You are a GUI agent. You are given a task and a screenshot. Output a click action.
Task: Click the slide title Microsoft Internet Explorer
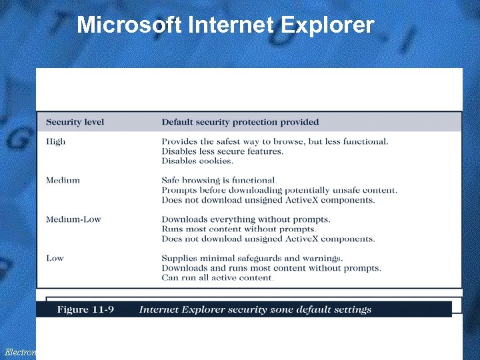[225, 25]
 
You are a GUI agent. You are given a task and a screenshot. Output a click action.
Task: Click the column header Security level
[75, 122]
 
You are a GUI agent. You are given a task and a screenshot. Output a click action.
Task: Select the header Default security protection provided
[240, 122]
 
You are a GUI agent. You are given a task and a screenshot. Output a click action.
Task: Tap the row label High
[56, 141]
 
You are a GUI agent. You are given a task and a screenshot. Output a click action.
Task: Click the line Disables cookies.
[197, 161]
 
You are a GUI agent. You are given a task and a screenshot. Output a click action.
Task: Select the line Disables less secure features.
[222, 151]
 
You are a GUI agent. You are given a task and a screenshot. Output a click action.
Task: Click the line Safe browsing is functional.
[219, 180]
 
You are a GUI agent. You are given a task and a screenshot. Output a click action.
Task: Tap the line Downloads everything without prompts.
[245, 219]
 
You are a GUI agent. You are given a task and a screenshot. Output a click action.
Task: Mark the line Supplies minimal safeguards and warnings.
[252, 258]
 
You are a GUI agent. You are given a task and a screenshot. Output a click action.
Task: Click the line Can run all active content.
[217, 277]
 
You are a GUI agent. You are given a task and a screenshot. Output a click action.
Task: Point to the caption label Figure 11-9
[85, 309]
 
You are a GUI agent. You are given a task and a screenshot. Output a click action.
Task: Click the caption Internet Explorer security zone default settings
[255, 309]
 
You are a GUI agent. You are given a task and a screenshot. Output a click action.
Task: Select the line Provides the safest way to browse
[275, 141]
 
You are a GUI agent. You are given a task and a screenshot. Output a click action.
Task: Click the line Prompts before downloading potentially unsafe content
[279, 190]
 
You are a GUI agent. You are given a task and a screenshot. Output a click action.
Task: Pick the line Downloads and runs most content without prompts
[271, 268]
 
